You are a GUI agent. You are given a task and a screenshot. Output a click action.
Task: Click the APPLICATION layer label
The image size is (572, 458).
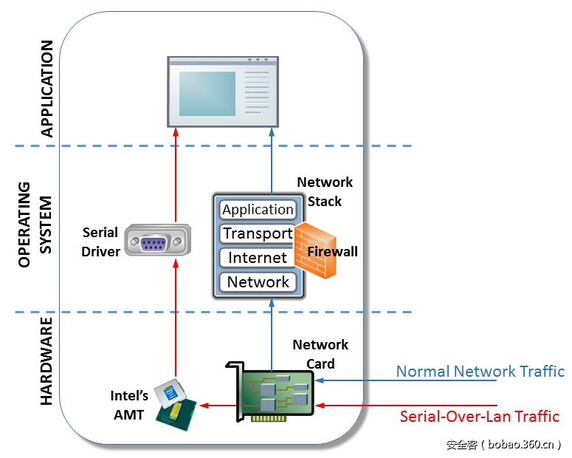point(46,89)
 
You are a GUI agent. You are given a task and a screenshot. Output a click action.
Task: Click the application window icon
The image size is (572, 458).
point(223,91)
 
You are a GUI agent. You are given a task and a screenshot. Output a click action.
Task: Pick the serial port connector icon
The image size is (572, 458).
point(156,241)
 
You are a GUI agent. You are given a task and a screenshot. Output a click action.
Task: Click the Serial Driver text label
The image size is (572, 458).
point(101,242)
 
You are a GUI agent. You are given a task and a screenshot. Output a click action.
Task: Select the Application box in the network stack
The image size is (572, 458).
point(258,210)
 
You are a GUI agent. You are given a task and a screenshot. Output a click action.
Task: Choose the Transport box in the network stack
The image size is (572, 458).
point(258,233)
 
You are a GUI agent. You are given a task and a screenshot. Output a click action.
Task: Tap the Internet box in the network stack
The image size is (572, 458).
point(258,258)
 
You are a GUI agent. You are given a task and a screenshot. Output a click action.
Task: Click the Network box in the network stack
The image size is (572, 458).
point(258,281)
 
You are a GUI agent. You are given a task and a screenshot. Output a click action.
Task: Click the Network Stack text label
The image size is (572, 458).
point(325,191)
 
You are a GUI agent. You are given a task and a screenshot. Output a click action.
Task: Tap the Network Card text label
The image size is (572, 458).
point(320,354)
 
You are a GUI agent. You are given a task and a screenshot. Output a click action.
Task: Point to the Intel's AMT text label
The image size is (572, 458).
point(130,405)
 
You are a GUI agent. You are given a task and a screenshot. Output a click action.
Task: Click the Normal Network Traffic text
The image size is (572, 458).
point(480,372)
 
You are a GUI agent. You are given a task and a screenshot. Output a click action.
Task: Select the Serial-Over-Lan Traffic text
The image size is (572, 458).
point(479,416)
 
